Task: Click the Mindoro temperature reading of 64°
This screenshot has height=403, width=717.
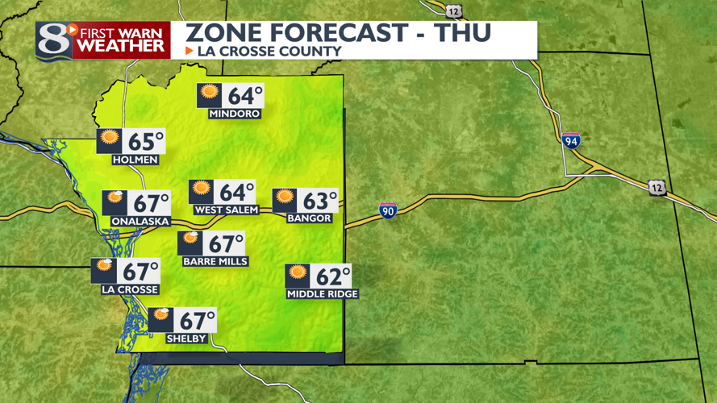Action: pyautogui.click(x=245, y=96)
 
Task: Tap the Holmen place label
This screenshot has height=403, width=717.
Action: pyautogui.click(x=135, y=160)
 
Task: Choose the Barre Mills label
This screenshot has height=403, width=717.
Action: pyautogui.click(x=215, y=261)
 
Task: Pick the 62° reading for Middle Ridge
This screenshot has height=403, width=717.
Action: pyautogui.click(x=332, y=276)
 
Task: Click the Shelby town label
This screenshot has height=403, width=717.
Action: pyautogui.click(x=186, y=339)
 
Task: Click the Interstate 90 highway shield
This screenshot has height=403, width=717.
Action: pyautogui.click(x=388, y=211)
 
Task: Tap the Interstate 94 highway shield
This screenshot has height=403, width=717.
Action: pyautogui.click(x=571, y=140)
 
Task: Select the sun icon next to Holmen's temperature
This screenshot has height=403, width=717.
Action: pyautogui.click(x=110, y=139)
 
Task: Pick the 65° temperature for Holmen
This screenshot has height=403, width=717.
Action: pyautogui.click(x=146, y=142)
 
